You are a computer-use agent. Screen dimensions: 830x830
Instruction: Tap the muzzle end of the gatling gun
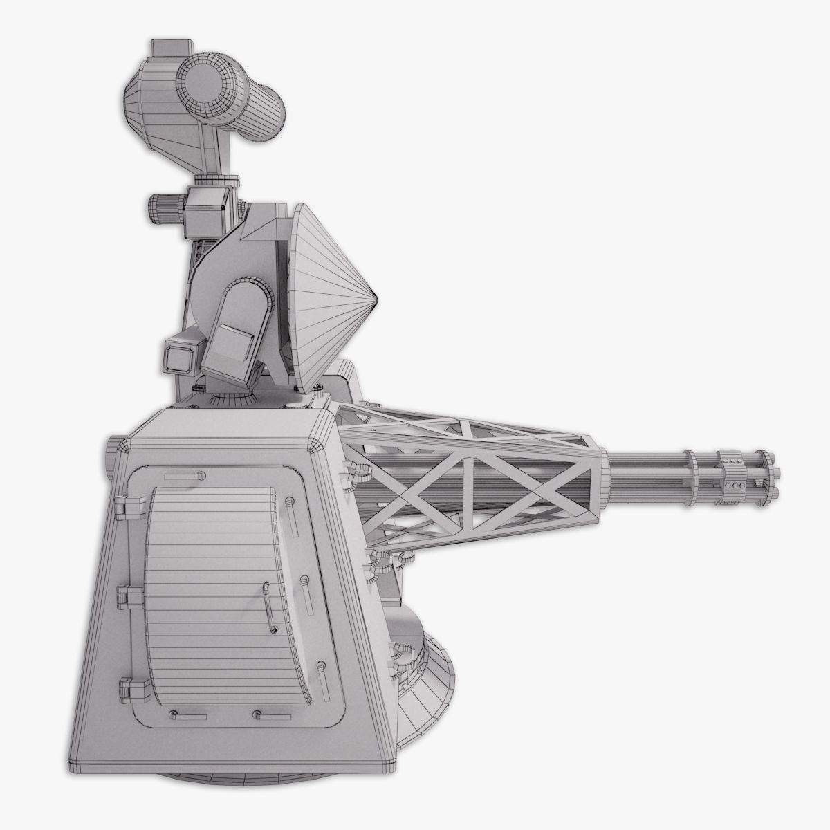pyautogui.click(x=771, y=476)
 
